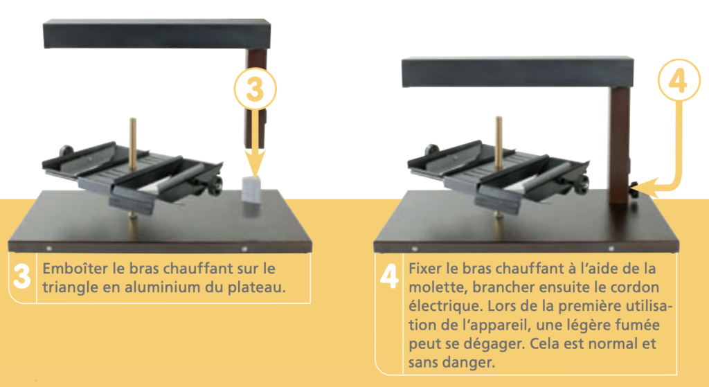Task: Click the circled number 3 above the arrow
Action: tap(255, 89)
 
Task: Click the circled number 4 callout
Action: tap(679, 80)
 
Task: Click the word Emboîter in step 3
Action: tap(75, 268)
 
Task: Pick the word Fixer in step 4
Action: tap(425, 268)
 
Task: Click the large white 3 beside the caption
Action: tap(21, 276)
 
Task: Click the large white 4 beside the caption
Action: tap(389, 276)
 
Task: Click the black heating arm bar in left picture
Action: tap(157, 33)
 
